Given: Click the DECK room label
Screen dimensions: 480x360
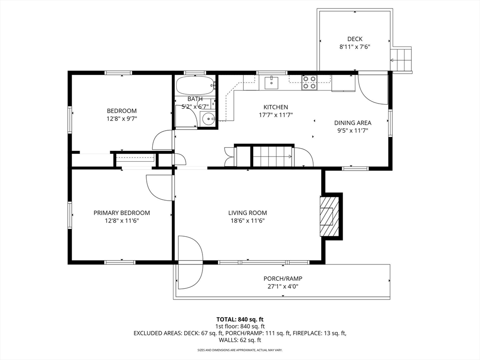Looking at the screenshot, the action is [355, 39].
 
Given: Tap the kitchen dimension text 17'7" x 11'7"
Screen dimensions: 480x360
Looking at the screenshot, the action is [276, 115].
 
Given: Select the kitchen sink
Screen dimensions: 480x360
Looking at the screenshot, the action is [271, 82].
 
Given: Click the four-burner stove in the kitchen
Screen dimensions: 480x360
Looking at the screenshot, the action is [309, 82].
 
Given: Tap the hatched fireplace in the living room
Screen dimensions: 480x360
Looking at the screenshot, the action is [330, 217].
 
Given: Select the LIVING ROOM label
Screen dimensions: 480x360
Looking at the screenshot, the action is [247, 213].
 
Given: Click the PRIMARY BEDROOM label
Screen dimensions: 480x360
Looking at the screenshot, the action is [122, 213].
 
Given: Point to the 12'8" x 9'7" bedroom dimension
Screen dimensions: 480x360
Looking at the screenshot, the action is [121, 119].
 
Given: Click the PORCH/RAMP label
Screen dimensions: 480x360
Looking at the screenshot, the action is [283, 278].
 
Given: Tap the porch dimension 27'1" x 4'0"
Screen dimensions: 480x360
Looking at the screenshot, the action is [283, 286].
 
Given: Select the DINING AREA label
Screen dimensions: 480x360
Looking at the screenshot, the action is [352, 123].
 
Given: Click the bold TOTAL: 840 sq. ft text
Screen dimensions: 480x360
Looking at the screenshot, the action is [240, 320].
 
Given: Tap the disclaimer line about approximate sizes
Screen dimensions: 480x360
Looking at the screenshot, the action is [240, 350].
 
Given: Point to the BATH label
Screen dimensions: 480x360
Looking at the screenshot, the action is [195, 99].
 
